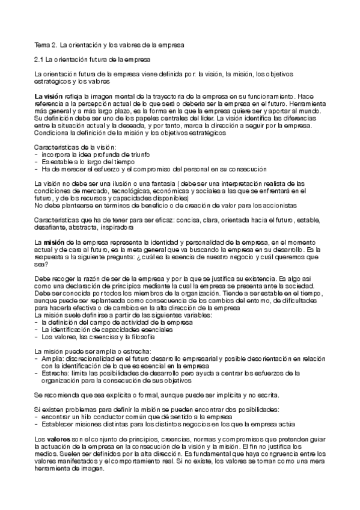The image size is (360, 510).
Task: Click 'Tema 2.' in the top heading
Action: [x=43, y=45]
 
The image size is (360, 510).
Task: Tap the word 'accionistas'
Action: [x=231, y=204]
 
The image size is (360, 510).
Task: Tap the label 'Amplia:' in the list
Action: [x=52, y=357]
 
